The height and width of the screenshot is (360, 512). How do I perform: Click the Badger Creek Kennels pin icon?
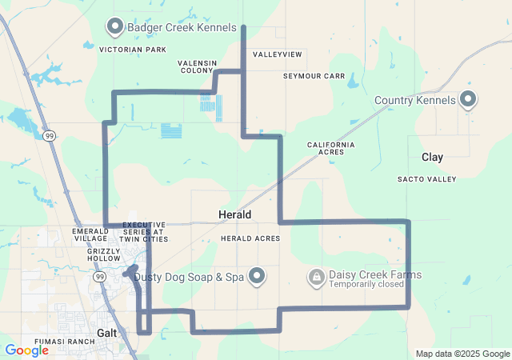[114, 28]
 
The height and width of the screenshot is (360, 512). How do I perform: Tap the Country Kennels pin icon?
[468, 100]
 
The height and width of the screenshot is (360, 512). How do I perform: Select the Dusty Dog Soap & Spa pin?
[257, 277]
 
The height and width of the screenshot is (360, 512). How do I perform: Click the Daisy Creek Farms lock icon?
[317, 277]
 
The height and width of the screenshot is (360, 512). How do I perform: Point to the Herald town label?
[235, 215]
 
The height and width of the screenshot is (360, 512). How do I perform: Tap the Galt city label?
[107, 332]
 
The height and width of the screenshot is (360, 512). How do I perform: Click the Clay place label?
[432, 158]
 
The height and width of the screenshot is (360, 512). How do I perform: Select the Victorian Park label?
[133, 50]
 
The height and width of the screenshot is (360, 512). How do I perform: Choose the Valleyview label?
[278, 54]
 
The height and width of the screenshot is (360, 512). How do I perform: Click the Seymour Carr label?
[314, 76]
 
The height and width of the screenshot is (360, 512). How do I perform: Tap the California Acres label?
[330, 148]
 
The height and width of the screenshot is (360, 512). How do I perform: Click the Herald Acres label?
[250, 238]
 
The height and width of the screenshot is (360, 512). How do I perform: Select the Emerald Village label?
[90, 234]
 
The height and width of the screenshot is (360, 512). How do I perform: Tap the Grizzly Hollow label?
[103, 255]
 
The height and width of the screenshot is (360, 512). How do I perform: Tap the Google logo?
[26, 350]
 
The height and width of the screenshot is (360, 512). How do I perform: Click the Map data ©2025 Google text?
[462, 354]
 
